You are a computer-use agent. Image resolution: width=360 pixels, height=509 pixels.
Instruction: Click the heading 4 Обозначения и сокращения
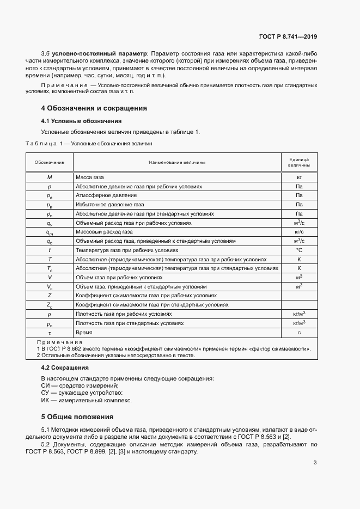pyautogui.click(x=94, y=108)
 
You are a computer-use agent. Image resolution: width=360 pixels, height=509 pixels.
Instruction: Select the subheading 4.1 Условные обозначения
pyautogui.click(x=81, y=121)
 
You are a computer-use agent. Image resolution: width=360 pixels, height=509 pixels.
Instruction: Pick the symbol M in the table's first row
pyautogui.click(x=50, y=177)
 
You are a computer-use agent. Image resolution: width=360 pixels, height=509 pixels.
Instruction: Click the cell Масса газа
pyautogui.click(x=90, y=177)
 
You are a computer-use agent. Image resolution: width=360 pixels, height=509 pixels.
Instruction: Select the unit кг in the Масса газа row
pyautogui.click(x=298, y=177)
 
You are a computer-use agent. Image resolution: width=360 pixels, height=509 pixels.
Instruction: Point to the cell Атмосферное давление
pyautogui.click(x=106, y=195)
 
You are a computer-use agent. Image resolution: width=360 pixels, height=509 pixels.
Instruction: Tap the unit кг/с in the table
pyautogui.click(x=298, y=232)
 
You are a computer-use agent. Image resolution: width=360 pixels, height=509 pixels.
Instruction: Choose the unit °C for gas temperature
pyautogui.click(x=298, y=250)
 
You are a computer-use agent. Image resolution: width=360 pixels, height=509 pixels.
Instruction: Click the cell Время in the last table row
pyautogui.click(x=84, y=332)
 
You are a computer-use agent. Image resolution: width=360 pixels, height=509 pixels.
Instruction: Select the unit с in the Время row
pyautogui.click(x=298, y=332)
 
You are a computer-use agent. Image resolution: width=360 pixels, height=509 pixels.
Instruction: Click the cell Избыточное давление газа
pyautogui.click(x=110, y=204)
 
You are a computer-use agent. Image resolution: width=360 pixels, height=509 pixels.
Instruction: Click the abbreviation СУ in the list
pyautogui.click(x=46, y=393)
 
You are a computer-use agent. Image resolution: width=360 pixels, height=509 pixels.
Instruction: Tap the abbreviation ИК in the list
pyautogui.click(x=46, y=401)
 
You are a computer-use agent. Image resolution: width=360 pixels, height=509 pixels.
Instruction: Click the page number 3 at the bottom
pyautogui.click(x=315, y=463)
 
